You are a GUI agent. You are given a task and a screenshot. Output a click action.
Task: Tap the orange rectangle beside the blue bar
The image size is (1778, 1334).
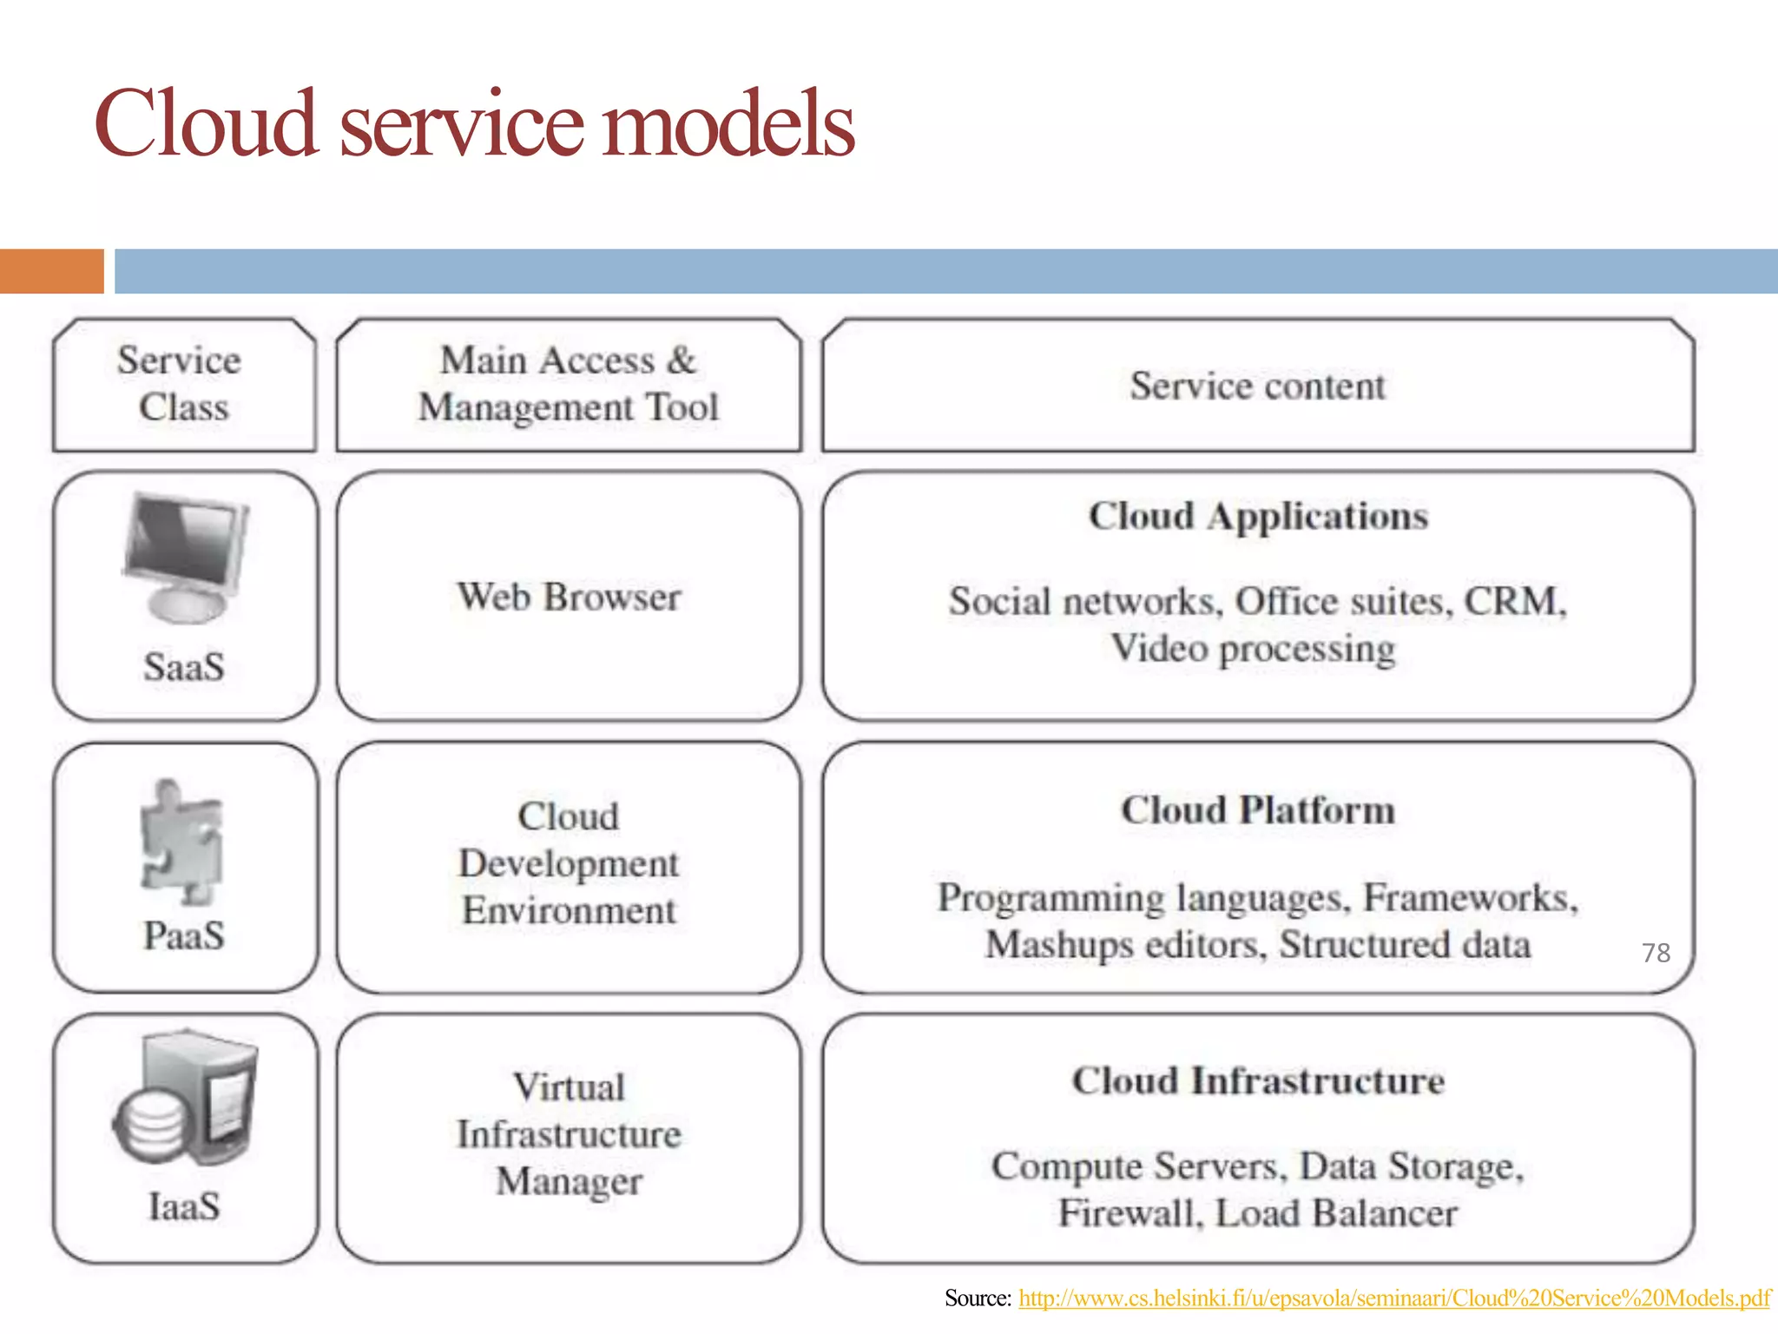point(51,271)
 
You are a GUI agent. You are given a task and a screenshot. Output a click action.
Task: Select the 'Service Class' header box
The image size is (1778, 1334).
point(183,384)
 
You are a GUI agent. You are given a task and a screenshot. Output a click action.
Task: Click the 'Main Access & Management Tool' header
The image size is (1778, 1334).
point(569,384)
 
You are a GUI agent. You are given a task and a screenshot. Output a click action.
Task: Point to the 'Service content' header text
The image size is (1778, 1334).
point(1257,386)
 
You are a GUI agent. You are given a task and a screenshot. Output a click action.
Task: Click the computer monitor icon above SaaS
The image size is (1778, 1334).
point(185,556)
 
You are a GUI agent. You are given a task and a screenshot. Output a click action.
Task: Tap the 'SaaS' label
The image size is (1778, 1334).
point(184,667)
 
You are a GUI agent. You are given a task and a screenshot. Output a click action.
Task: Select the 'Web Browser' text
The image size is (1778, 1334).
point(569,597)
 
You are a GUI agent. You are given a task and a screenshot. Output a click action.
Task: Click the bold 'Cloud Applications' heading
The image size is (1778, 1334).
point(1258,516)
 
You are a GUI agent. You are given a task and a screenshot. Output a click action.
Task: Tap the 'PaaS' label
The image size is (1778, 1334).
point(184,936)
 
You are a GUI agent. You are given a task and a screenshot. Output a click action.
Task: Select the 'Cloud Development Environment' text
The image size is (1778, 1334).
point(569,863)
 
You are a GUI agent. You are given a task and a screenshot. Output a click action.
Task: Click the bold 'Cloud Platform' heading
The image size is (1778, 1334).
point(1258,809)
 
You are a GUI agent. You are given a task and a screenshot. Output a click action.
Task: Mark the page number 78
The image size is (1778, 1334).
point(1656,953)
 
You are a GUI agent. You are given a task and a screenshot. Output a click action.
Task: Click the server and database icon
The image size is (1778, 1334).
point(187,1099)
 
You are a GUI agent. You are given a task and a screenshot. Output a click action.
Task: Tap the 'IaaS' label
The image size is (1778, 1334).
point(184,1206)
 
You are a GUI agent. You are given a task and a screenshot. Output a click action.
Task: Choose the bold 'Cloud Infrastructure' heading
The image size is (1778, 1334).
point(1258,1081)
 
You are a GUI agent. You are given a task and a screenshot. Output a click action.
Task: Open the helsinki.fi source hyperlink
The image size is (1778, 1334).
point(1393,1298)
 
